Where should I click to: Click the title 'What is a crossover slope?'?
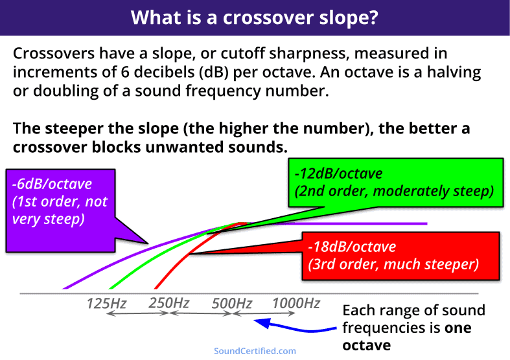[255, 17]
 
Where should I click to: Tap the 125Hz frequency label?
[106, 302]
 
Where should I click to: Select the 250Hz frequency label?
[168, 302]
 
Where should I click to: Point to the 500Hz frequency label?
[232, 302]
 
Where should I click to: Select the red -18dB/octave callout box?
[399, 256]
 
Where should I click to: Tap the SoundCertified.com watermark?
[255, 351]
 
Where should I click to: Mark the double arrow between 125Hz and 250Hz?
[137, 314]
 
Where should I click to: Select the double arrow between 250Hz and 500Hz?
[200, 314]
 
